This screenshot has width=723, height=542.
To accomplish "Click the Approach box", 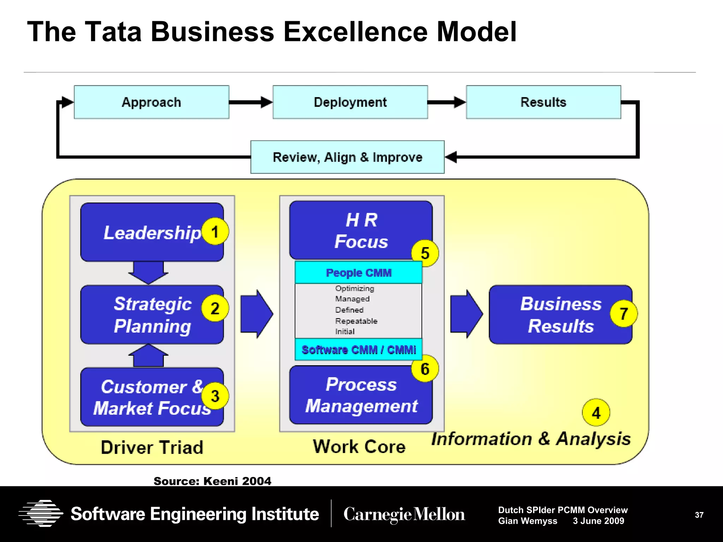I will (151, 102).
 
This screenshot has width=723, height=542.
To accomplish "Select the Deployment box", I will (350, 102).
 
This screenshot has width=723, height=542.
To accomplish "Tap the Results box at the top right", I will (543, 102).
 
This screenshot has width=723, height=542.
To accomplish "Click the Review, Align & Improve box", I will (347, 157).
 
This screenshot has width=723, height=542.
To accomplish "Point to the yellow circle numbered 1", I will (215, 232).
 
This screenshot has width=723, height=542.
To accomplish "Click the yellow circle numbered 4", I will (596, 412).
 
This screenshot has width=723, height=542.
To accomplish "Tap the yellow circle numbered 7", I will (624, 313).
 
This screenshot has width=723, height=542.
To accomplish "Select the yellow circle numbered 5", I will (425, 253).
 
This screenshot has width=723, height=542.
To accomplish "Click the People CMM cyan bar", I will (358, 273).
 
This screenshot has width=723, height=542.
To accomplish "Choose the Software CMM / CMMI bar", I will (358, 350).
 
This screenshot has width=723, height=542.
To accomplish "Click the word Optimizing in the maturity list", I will (354, 288).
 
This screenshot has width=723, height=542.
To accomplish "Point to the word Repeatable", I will (356, 321).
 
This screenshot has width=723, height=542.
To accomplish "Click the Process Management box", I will (361, 395).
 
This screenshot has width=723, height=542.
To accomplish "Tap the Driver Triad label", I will (152, 447).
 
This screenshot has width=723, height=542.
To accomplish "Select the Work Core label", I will (359, 447).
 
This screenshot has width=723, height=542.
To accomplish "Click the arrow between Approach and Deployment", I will (251, 102).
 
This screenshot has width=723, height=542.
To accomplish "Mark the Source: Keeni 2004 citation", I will (213, 481).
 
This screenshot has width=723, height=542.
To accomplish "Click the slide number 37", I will (699, 515).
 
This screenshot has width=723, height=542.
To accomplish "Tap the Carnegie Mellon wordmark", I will (404, 514).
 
